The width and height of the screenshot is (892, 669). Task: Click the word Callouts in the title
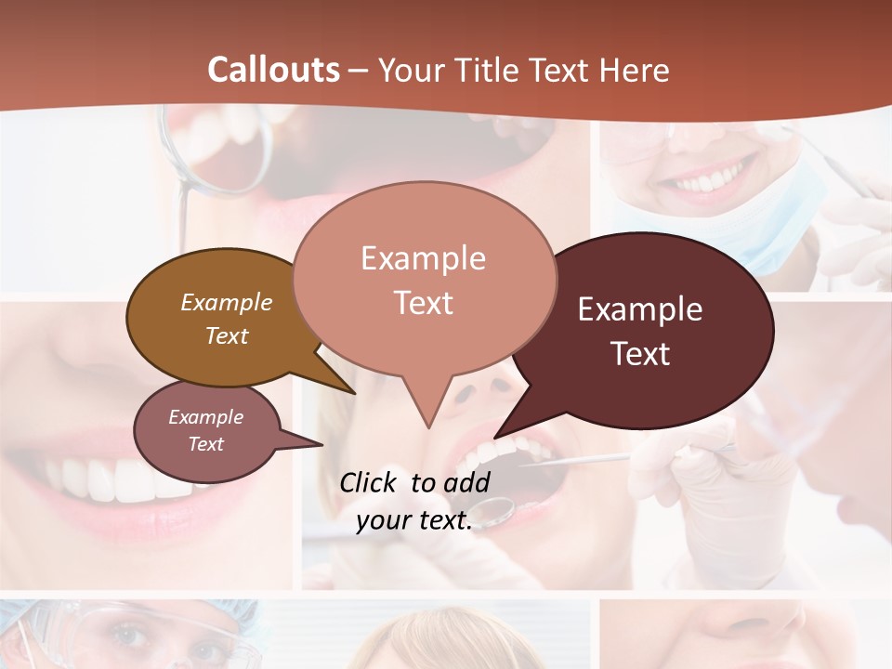click(273, 70)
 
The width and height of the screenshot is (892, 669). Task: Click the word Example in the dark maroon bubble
click(640, 309)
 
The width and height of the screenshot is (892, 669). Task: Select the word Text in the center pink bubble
click(424, 303)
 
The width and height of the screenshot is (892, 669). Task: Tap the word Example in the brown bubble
click(227, 302)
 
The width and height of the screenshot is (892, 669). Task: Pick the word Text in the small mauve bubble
click(206, 444)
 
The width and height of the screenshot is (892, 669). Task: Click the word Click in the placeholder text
click(371, 482)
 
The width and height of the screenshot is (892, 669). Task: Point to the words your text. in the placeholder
click(413, 520)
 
